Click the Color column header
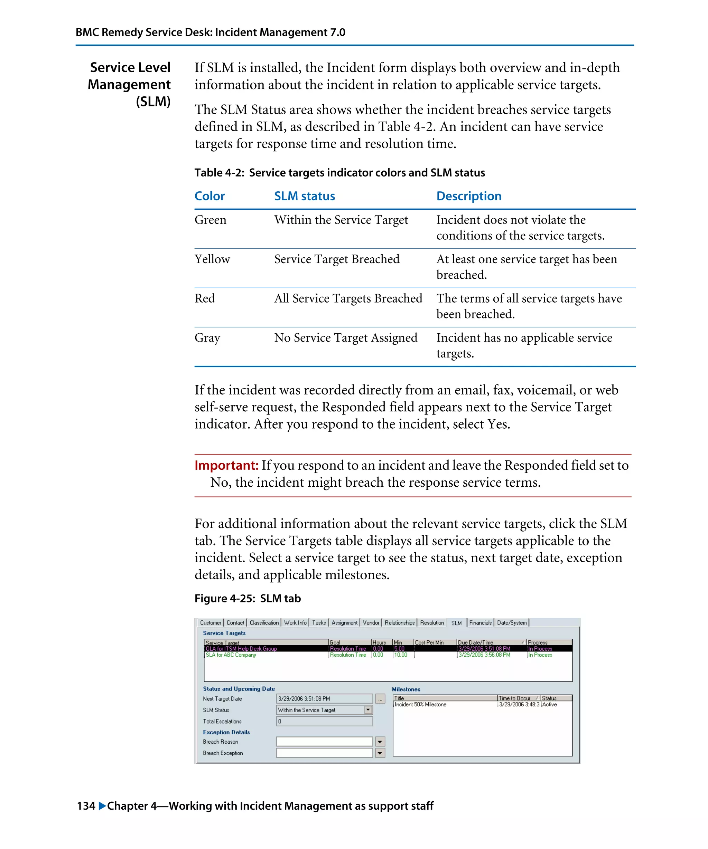[x=209, y=196]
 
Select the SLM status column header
[x=304, y=196]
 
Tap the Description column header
[x=468, y=196]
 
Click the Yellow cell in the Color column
[x=212, y=259]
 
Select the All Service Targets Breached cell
[x=348, y=298]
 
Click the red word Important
[x=226, y=465]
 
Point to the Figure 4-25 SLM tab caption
[x=247, y=598]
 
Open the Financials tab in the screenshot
[x=480, y=623]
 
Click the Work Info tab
[x=295, y=623]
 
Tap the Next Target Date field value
[x=324, y=699]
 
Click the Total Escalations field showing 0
[x=324, y=721]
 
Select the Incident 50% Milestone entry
[x=420, y=704]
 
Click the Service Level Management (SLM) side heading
[x=129, y=85]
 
